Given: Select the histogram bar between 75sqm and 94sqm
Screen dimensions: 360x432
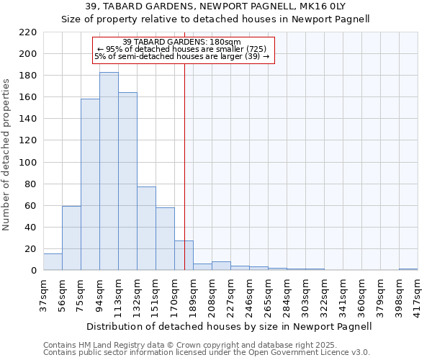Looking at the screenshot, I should point(90,185).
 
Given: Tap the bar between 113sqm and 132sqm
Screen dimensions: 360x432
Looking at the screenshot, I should point(127,181).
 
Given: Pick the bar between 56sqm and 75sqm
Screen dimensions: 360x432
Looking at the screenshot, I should point(71,238).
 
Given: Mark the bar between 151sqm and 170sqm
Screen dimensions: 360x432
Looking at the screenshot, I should point(165,239).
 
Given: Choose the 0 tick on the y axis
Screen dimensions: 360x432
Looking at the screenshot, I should point(33,271).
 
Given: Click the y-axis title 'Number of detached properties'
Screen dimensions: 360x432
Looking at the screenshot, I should point(7,155).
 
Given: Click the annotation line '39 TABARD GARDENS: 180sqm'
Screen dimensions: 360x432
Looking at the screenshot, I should point(182,42).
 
